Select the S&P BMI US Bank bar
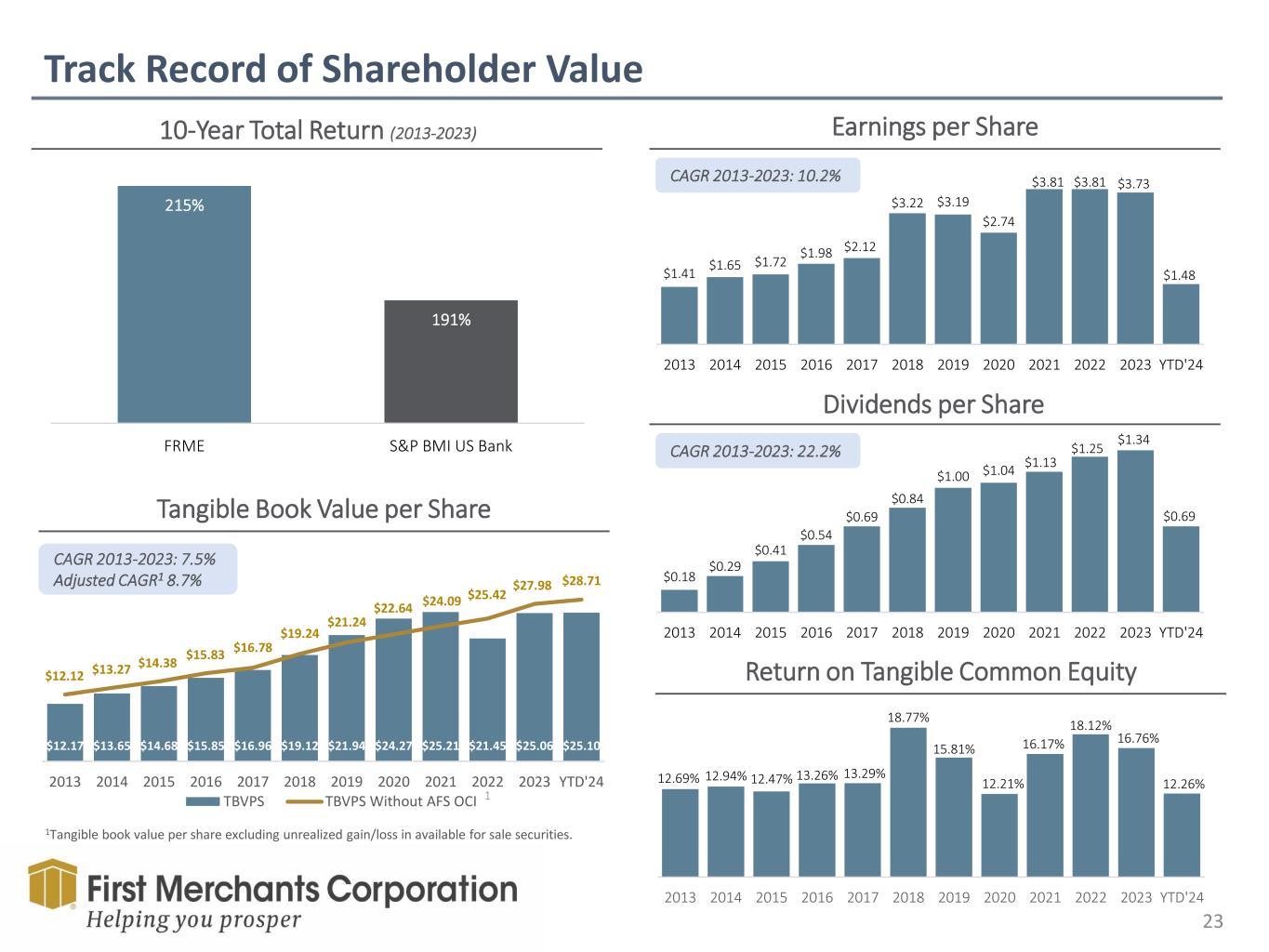coord(451,362)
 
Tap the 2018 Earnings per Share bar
coord(907,279)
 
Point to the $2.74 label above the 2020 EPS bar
coord(998,221)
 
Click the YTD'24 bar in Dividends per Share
coord(1181,569)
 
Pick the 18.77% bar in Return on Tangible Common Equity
coord(908,801)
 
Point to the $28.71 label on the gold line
coord(582,581)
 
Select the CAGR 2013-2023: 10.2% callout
coord(756,175)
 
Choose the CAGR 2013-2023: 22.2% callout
coord(756,451)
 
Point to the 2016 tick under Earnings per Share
coord(816,364)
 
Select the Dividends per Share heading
coord(933,404)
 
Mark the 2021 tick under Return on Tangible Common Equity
coord(1044,897)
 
